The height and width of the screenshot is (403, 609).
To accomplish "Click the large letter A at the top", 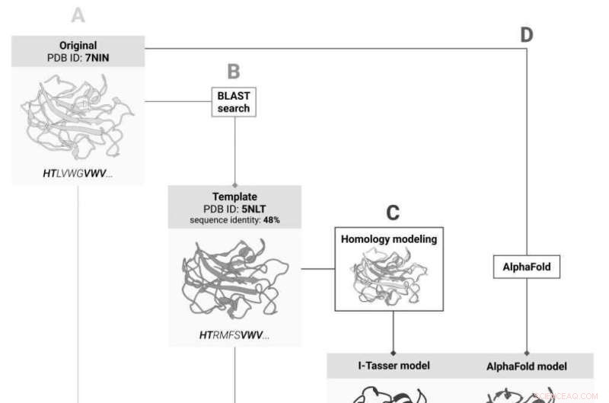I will [x=78, y=15].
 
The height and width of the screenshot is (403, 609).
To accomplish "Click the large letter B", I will [x=234, y=72].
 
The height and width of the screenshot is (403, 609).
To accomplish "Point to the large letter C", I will [x=392, y=213].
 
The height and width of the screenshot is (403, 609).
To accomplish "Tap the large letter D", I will [x=526, y=34].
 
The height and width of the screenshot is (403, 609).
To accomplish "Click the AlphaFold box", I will [x=527, y=267].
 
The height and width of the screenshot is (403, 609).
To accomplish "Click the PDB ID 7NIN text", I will [x=78, y=57].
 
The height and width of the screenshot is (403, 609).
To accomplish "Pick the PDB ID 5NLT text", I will [x=234, y=208].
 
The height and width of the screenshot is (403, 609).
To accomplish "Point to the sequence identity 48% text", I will [x=234, y=220].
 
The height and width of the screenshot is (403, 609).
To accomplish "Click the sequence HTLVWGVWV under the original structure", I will [x=78, y=174].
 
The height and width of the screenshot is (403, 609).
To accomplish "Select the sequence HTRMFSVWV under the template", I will [x=234, y=334].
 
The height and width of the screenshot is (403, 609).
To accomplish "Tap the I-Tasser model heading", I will [x=394, y=366].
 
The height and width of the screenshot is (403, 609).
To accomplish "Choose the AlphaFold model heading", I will [x=527, y=366].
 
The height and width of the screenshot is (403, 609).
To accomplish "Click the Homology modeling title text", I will [x=389, y=239].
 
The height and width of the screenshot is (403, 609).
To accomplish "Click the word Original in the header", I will [x=78, y=45].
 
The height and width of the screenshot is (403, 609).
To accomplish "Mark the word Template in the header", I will [x=234, y=196].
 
